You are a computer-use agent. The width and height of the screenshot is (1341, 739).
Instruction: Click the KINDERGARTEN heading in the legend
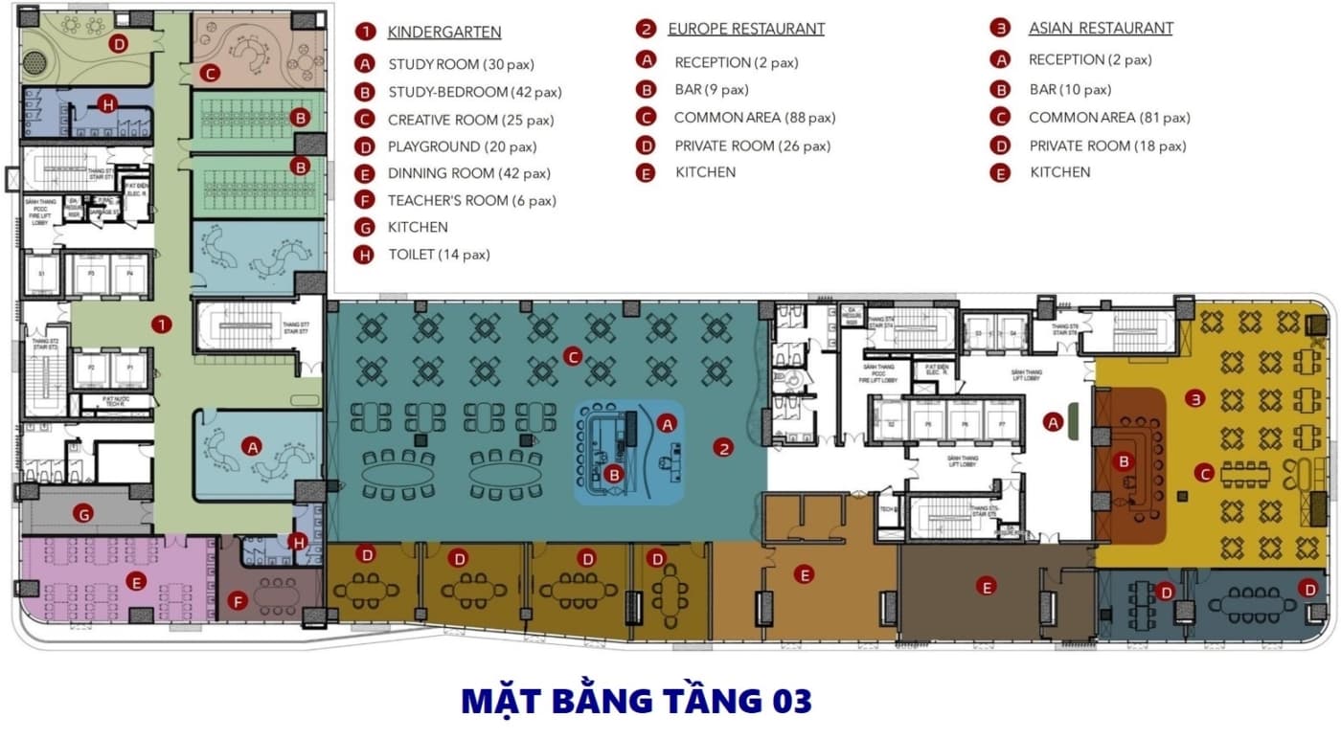click(443, 33)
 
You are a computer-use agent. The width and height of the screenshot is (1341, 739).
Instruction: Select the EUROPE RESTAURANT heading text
click(745, 29)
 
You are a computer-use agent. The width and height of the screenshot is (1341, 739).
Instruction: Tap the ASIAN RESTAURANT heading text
click(1101, 28)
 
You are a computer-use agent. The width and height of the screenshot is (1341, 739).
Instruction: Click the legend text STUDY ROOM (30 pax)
click(461, 65)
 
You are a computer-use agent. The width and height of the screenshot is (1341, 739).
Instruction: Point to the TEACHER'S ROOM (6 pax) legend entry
click(471, 200)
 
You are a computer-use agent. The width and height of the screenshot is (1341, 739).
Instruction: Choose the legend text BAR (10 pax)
click(1070, 90)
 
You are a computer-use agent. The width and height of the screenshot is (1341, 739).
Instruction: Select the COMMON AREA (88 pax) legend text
click(754, 118)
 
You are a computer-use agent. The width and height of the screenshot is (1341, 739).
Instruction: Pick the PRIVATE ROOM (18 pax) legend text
click(1107, 146)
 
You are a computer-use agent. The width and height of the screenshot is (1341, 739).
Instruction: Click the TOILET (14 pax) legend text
click(439, 255)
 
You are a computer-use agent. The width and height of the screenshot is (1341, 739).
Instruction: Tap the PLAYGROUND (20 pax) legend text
click(462, 146)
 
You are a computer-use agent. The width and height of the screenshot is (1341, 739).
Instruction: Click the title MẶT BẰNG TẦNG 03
click(636, 701)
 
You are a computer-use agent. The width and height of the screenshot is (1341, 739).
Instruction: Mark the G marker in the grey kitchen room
click(84, 514)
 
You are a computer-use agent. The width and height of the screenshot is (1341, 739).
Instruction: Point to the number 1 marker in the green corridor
click(163, 325)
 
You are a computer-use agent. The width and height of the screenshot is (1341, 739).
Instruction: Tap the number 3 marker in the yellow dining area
click(1194, 398)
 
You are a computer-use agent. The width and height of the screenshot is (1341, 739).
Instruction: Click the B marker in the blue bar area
click(614, 473)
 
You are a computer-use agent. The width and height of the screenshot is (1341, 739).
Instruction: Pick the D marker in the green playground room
click(118, 43)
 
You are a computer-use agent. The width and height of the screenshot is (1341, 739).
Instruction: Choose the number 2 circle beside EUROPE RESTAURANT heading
click(646, 29)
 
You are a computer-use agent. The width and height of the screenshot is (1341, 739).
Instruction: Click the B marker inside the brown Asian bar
click(1125, 461)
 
